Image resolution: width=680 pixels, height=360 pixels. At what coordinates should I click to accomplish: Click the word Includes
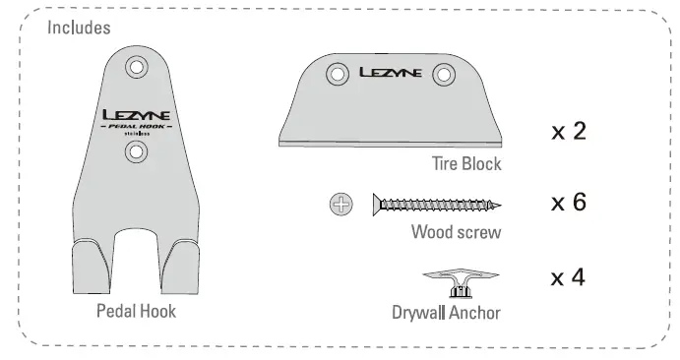coord(80,28)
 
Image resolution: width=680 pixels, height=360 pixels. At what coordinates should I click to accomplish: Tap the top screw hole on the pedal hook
coord(137,67)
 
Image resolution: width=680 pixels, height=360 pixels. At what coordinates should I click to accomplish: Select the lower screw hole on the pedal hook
coord(137,151)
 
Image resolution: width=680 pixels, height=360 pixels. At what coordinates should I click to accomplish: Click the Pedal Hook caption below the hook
coord(136,312)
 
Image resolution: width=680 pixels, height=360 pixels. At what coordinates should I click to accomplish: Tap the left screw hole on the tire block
coord(338,73)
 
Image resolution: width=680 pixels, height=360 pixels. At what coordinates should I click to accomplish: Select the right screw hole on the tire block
coord(443,73)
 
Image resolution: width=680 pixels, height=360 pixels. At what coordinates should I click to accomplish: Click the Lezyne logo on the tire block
coord(392,72)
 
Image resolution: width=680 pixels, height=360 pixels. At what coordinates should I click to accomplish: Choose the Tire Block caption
coord(464,163)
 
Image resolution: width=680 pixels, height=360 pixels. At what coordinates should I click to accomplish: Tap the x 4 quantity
coord(568,277)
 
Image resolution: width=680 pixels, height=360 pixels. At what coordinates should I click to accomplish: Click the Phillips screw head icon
coord(340,205)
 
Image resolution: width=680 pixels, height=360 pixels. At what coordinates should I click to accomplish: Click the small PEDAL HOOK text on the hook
coord(137,127)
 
